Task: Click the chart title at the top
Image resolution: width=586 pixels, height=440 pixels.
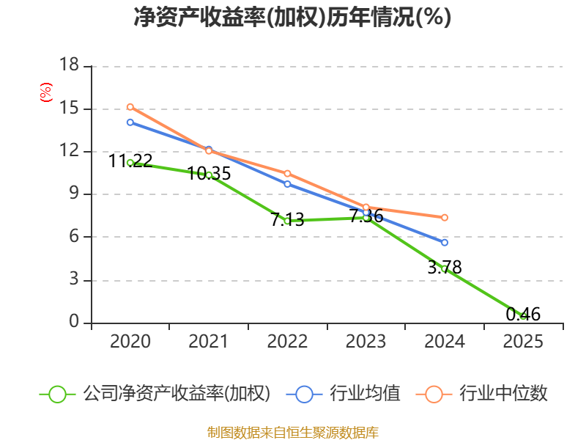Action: point(292,18)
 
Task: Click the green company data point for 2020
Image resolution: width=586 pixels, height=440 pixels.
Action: point(130,162)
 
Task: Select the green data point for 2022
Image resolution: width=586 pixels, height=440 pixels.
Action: point(287,220)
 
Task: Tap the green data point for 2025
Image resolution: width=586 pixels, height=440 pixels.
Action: point(523,316)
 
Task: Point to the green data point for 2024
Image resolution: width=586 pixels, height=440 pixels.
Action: point(445,269)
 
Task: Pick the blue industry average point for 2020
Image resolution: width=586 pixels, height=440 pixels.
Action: point(130,122)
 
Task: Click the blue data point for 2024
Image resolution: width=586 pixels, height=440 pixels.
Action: point(445,242)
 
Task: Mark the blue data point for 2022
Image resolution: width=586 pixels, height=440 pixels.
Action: point(287,183)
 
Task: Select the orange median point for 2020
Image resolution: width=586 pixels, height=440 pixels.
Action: point(130,106)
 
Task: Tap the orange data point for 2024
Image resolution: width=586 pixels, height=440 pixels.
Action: point(445,217)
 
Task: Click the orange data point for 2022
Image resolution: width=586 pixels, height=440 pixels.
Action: point(287,173)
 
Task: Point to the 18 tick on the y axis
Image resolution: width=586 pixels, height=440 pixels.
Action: point(69,66)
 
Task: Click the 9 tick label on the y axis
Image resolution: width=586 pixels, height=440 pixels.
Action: point(74,194)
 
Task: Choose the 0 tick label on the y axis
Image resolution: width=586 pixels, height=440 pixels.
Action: point(74,323)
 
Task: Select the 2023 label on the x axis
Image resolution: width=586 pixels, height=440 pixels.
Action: point(366,342)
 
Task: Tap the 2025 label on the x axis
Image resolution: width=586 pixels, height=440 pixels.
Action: point(523,342)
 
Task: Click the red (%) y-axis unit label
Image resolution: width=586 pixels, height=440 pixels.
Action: point(46,93)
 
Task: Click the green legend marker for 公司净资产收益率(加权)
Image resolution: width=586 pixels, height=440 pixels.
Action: point(58,394)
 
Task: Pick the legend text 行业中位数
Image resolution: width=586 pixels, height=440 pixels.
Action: point(503,394)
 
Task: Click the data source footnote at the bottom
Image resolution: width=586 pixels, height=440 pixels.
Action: point(292,433)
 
